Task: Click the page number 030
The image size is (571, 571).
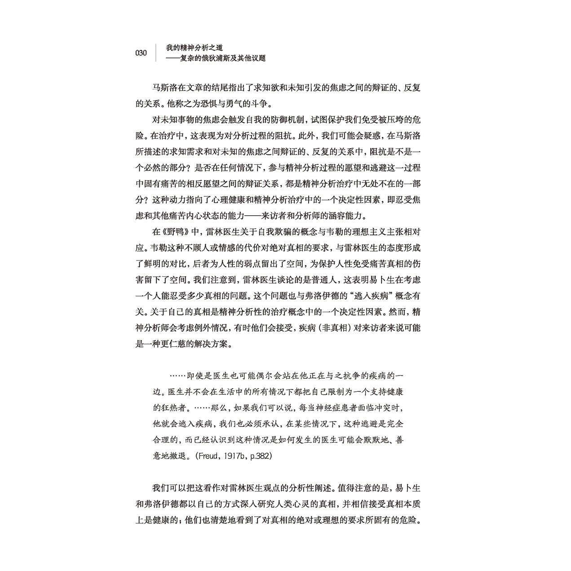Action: (141, 53)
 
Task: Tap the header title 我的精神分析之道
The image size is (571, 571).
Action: (194, 47)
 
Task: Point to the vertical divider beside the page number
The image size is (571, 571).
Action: (156, 53)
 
